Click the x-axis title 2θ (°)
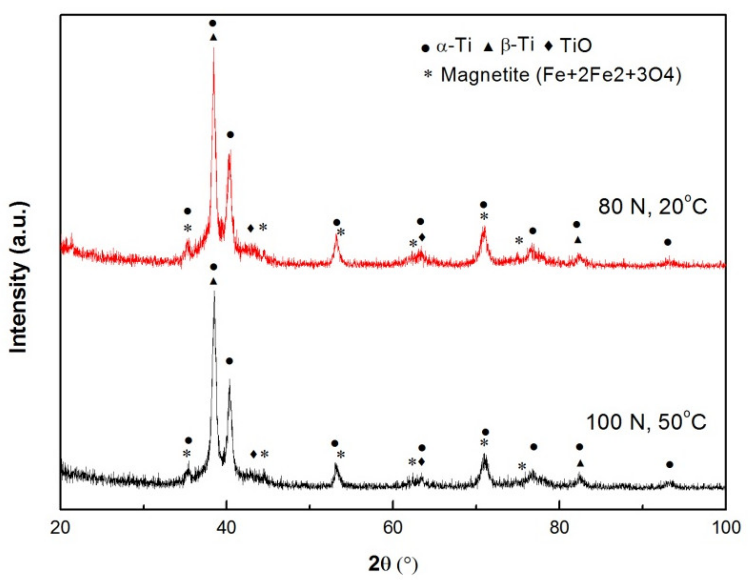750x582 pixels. point(393,564)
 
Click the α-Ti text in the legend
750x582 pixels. point(454,46)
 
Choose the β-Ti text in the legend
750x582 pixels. point(517,45)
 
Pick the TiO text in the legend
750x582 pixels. point(576,46)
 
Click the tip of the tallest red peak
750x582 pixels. point(214,48)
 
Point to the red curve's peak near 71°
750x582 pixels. point(484,228)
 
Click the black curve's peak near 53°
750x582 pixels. point(335,464)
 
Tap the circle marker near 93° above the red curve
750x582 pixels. point(667,242)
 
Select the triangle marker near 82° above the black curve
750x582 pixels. point(580,463)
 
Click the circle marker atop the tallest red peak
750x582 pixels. point(212,23)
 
